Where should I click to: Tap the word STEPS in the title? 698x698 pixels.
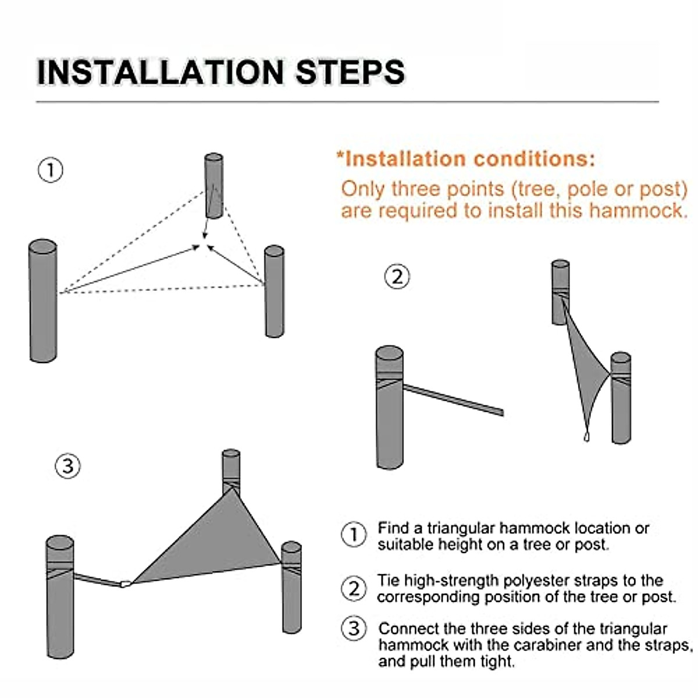(x=350, y=73)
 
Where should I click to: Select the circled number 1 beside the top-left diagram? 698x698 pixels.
(x=51, y=170)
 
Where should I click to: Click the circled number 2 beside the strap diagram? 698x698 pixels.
(x=397, y=277)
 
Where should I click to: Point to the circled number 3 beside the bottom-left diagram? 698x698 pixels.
(x=67, y=466)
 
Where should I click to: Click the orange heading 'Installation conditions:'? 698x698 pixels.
(x=466, y=159)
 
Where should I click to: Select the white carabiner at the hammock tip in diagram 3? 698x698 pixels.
(x=125, y=584)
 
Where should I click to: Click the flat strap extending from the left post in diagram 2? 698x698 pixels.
(x=453, y=400)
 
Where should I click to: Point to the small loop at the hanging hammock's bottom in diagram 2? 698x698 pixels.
(x=586, y=437)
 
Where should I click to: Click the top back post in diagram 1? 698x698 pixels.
(x=213, y=186)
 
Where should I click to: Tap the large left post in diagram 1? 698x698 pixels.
(x=43, y=300)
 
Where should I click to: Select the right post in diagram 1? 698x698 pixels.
(x=274, y=291)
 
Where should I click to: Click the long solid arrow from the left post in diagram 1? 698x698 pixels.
(x=130, y=269)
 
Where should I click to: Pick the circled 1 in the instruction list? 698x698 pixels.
(x=354, y=535)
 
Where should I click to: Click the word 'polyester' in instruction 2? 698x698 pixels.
(x=533, y=581)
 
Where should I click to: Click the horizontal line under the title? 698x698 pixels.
(x=347, y=102)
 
